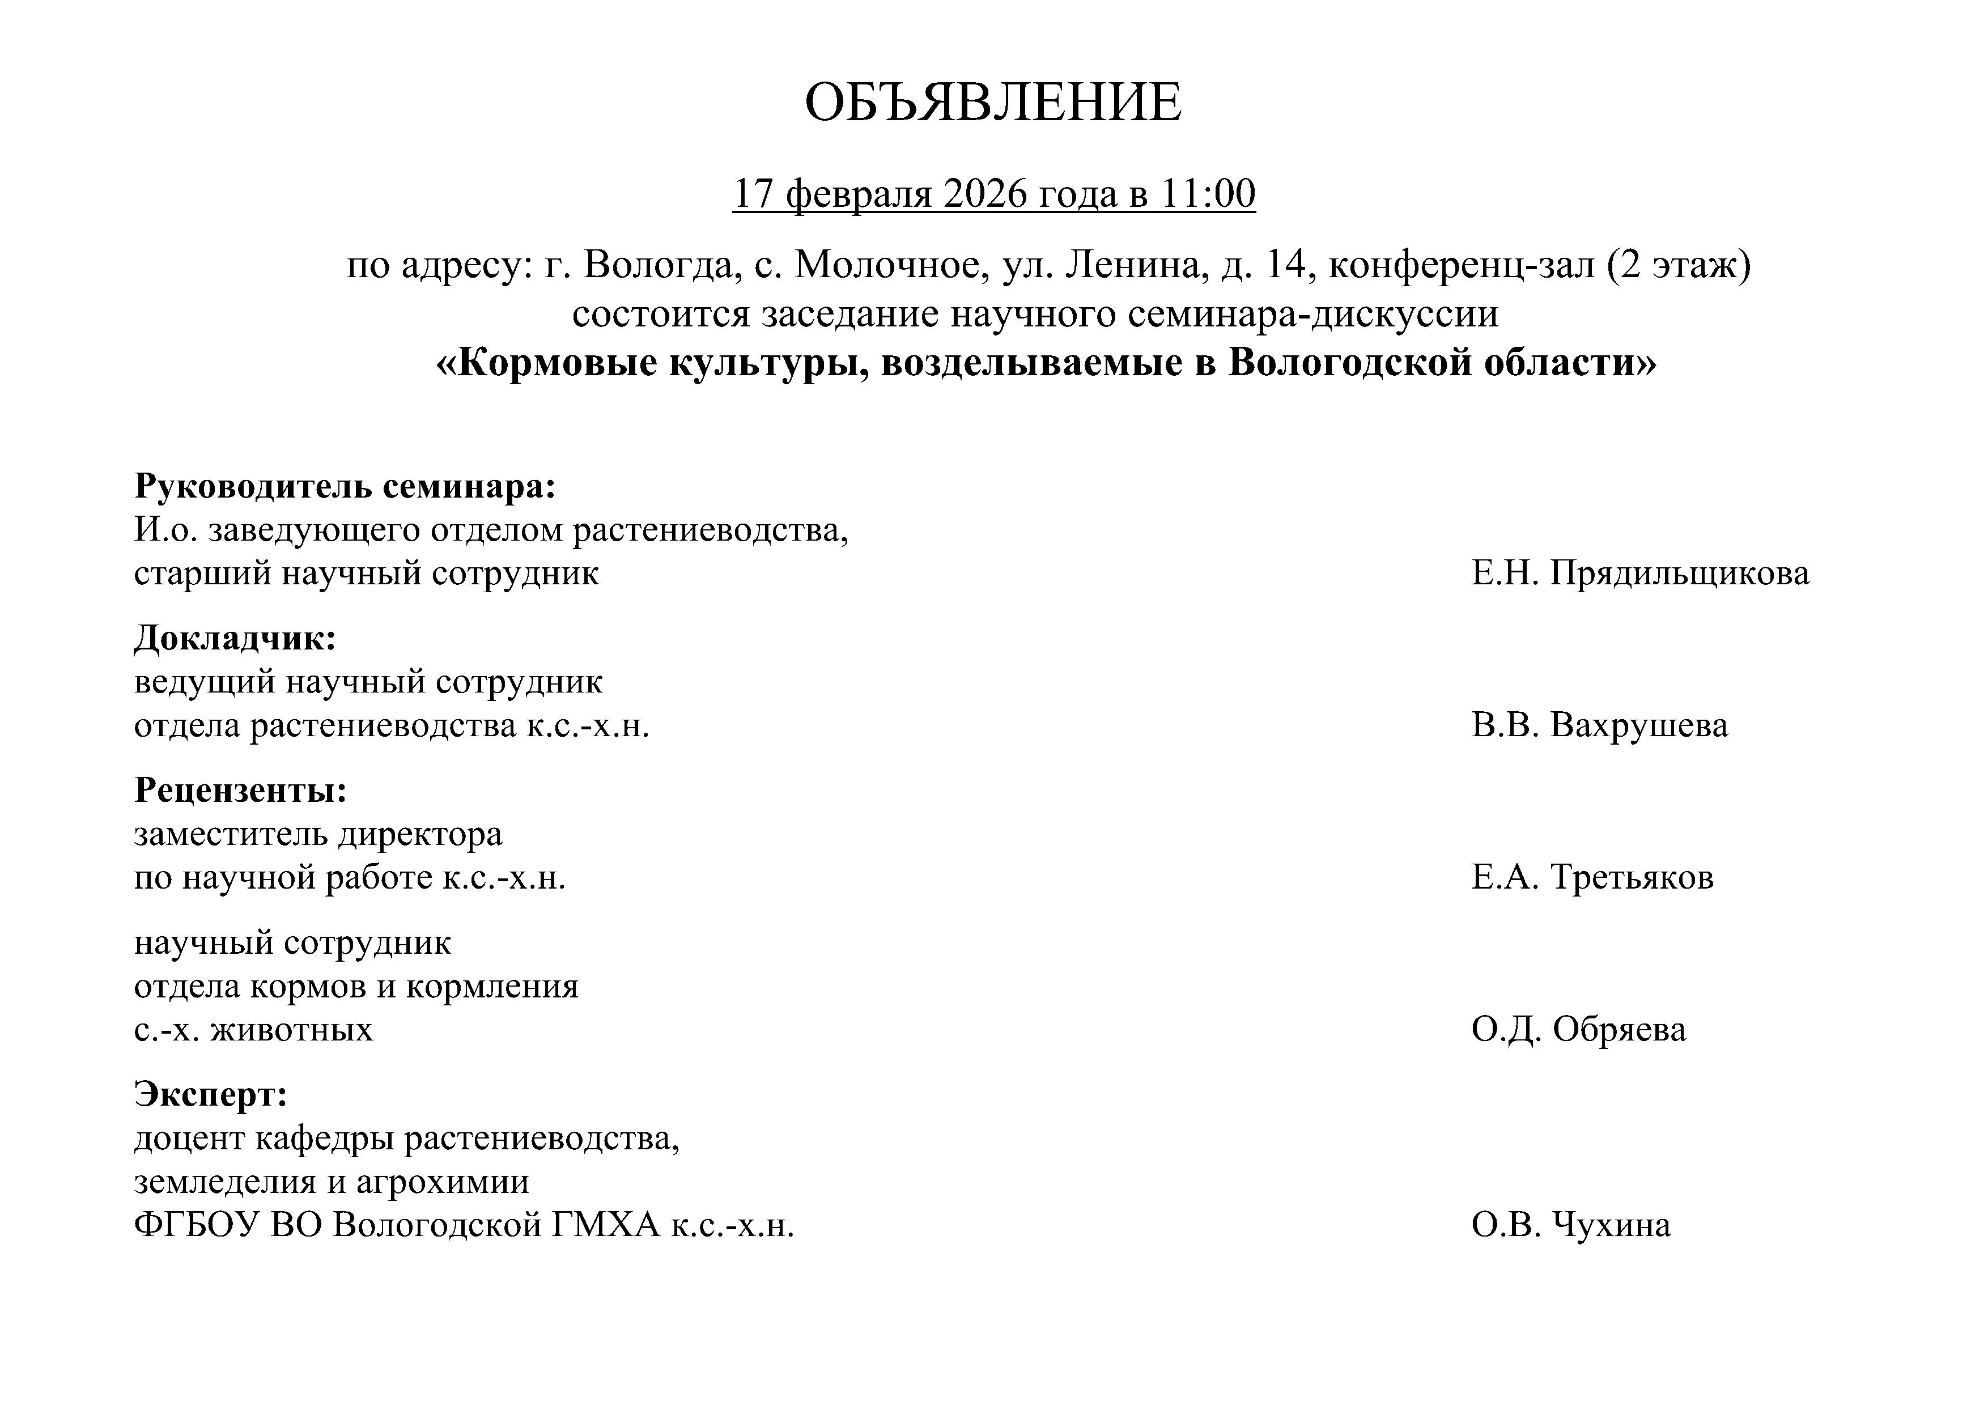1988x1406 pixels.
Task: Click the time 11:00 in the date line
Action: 1207,194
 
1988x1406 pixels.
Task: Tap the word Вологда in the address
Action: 658,265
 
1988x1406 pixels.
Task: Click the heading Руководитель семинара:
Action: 345,487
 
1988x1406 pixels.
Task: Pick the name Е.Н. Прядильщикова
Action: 1640,573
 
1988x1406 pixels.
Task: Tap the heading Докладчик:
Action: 235,639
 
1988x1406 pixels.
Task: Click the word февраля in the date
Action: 858,194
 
